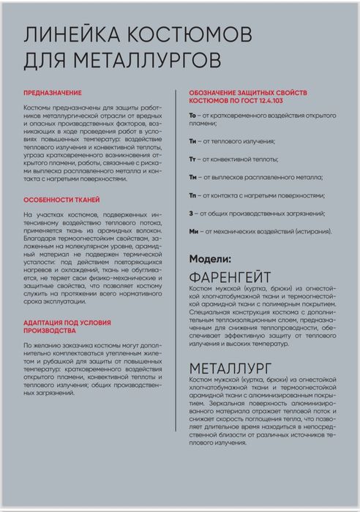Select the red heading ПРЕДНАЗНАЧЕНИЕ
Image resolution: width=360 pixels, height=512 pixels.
pyautogui.click(x=51, y=94)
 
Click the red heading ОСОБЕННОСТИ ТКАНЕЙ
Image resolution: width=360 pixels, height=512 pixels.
pyautogui.click(x=61, y=200)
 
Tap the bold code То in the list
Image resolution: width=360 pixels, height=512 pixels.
pyautogui.click(x=193, y=116)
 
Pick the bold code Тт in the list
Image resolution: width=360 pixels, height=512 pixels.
pyautogui.click(x=193, y=158)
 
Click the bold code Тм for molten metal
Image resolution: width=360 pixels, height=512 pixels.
pyautogui.click(x=194, y=177)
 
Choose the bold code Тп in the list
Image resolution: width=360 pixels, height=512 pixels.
pyautogui.click(x=194, y=195)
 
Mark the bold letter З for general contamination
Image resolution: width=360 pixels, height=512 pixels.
pyautogui.click(x=191, y=214)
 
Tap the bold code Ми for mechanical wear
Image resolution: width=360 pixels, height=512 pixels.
pyautogui.click(x=194, y=232)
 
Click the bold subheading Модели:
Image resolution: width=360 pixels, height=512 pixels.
pyautogui.click(x=210, y=259)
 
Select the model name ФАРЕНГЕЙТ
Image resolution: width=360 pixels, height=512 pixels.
pyautogui.click(x=230, y=278)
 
